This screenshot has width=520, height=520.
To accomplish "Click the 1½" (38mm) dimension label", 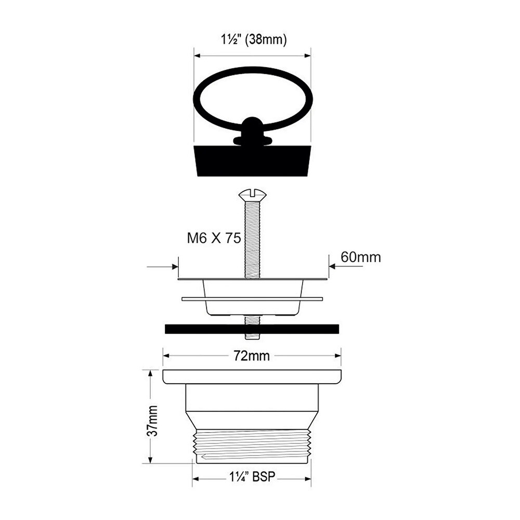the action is point(254,40).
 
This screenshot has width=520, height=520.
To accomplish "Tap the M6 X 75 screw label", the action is point(214,238).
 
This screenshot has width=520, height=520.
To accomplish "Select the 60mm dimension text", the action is point(361,257).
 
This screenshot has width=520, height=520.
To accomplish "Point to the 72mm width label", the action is point(252,356).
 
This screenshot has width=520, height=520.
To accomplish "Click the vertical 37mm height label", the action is point(152,421).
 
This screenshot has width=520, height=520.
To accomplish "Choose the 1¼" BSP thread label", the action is point(252,477).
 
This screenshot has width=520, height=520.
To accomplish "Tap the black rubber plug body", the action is point(252,160).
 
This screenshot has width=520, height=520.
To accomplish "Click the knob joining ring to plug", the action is point(252,131).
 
